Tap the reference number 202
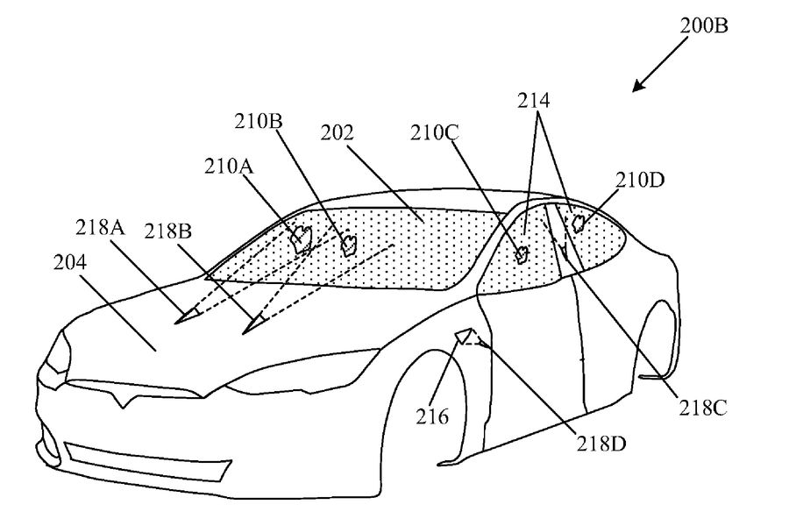tap(338, 134)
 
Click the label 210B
tap(258, 122)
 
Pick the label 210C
tap(436, 134)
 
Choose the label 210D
tap(642, 181)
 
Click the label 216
tap(434, 416)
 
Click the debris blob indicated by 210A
tap(301, 237)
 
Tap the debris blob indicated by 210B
tap(349, 243)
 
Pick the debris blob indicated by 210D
tap(578, 223)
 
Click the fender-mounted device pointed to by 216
tap(464, 338)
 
